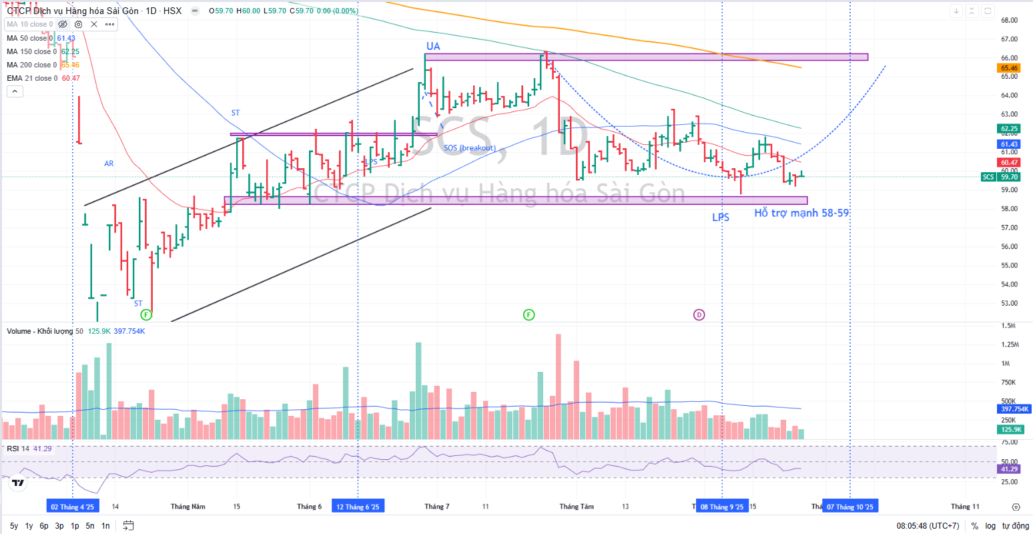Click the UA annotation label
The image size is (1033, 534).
pos(433,46)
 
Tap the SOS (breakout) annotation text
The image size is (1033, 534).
pos(470,148)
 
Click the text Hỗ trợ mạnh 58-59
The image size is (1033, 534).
pos(801,213)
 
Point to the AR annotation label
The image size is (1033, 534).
pos(109,164)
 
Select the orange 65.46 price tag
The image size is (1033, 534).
pos(1009,68)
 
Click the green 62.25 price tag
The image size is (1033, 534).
pos(1009,129)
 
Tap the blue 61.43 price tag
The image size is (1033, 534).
pos(1009,144)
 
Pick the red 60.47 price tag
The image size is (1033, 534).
pos(1009,162)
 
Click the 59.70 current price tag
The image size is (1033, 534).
pos(1009,177)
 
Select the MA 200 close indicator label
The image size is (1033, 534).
pos(31,65)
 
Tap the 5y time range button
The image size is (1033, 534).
pos(14,526)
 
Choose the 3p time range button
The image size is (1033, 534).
pos(59,526)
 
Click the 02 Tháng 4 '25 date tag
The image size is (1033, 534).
pos(72,507)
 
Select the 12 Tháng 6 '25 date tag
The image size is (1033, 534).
pos(358,507)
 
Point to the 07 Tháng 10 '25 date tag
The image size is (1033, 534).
pos(849,507)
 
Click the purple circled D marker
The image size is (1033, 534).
pos(699,314)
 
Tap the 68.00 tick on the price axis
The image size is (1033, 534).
pos(1009,20)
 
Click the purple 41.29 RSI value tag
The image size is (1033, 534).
pos(1009,469)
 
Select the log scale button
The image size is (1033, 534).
pos(990,526)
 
